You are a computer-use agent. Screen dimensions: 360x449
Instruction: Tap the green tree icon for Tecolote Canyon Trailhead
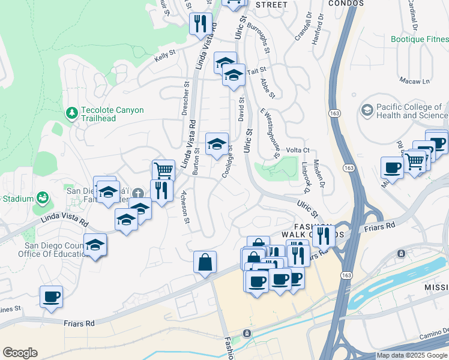(x=72, y=112)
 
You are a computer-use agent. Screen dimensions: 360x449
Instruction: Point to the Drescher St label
(x=185, y=97)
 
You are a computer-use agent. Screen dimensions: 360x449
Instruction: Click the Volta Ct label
(x=297, y=150)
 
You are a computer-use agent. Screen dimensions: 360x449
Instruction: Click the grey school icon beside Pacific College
(x=367, y=110)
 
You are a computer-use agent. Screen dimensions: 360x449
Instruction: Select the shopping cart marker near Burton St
(x=163, y=170)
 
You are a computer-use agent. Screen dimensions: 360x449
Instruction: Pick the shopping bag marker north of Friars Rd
(x=205, y=262)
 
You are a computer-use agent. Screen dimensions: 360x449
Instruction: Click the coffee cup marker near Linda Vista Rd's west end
(x=51, y=296)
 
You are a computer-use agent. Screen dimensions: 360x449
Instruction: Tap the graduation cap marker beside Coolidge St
(x=217, y=144)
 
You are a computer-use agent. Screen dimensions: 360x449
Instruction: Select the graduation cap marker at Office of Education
(x=95, y=245)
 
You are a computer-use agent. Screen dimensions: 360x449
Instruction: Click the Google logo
(x=20, y=353)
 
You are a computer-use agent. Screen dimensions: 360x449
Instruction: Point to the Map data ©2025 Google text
(x=411, y=355)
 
